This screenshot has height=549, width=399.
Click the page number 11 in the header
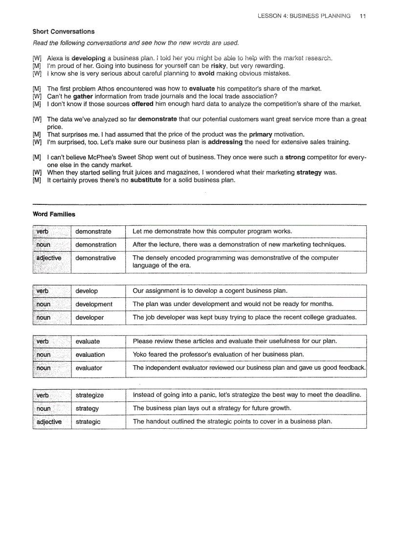click(362, 16)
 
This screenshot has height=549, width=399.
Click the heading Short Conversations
click(64, 32)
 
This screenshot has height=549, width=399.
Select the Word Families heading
click(54, 214)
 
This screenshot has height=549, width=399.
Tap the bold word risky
click(218, 66)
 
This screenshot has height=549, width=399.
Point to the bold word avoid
click(206, 73)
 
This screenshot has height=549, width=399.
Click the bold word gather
click(83, 96)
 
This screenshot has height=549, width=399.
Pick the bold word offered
click(142, 104)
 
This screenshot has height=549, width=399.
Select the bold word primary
click(260, 134)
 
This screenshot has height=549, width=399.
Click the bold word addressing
click(225, 142)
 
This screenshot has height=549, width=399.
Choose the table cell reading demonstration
click(96, 244)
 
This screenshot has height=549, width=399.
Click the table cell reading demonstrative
click(96, 258)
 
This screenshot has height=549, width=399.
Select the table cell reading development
click(94, 304)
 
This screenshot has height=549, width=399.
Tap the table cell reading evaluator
click(89, 368)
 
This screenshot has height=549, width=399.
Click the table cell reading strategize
click(89, 395)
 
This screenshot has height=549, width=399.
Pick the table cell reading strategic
click(88, 421)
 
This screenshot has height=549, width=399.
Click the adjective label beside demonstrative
click(49, 258)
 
